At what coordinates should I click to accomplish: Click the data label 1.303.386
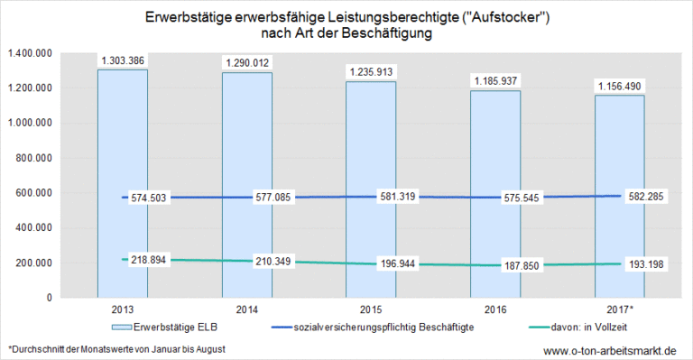(x=122, y=60)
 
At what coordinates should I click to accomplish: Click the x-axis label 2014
(x=246, y=309)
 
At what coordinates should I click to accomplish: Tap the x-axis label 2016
(x=494, y=309)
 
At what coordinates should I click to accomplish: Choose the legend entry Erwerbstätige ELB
(x=171, y=326)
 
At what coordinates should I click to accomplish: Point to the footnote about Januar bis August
(x=116, y=348)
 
